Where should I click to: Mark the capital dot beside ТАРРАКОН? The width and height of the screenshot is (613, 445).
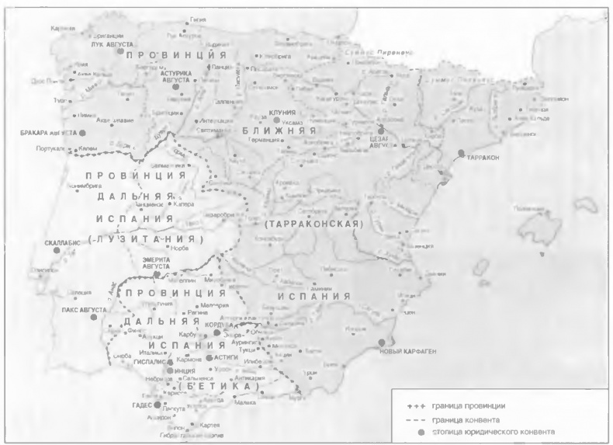tap(462, 154)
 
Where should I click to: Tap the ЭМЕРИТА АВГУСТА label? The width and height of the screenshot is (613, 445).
tap(156, 263)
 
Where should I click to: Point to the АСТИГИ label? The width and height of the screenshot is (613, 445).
tap(227, 357)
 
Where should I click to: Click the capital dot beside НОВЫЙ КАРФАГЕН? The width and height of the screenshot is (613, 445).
tap(381, 342)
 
